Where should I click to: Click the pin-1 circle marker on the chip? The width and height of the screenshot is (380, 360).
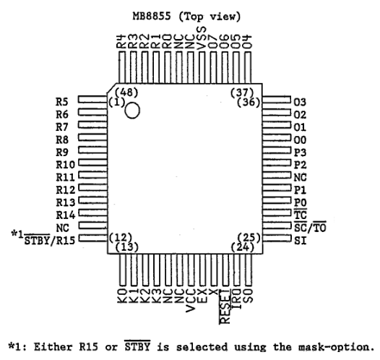click(132, 111)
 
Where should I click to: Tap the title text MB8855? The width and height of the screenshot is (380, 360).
click(152, 17)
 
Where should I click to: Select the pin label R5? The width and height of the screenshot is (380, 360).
click(62, 102)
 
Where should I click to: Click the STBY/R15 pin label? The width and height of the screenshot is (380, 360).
click(50, 240)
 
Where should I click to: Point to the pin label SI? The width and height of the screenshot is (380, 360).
click(301, 241)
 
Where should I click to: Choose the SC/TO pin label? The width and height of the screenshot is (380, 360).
click(310, 228)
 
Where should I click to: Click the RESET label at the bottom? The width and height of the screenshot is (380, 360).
click(225, 307)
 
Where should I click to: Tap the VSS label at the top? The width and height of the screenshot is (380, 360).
click(202, 38)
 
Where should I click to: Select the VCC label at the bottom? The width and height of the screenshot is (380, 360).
click(191, 301)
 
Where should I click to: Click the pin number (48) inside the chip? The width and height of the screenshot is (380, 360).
click(126, 92)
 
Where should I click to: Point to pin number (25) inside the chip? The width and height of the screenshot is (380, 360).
click(249, 238)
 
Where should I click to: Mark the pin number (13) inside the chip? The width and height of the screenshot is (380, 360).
click(126, 247)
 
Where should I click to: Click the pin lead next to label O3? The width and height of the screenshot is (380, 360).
click(277, 100)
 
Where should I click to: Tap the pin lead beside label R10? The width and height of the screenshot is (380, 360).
click(92, 163)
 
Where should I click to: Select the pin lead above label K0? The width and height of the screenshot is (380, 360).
click(123, 270)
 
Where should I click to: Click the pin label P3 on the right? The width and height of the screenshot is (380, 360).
click(300, 153)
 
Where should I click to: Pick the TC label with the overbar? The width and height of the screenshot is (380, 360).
click(301, 214)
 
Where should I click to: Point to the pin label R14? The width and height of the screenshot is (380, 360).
click(66, 215)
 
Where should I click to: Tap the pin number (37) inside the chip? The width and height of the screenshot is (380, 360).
click(242, 92)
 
